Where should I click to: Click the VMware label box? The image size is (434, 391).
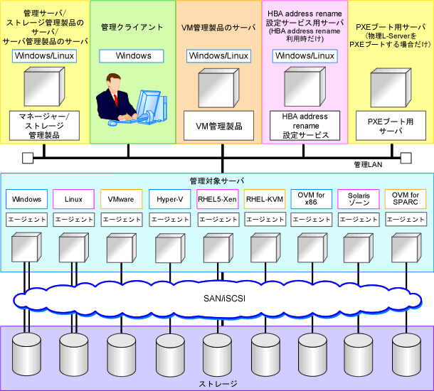121,199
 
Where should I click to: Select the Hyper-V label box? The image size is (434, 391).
169,199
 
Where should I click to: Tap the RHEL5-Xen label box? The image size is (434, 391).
217,199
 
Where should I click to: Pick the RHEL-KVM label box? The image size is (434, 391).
265,199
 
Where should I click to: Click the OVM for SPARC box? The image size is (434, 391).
406,199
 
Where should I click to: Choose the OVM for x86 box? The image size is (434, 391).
312,199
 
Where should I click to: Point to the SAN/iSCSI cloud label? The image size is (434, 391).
225,299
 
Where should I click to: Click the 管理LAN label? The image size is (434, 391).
368,165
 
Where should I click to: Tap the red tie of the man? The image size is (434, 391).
116,100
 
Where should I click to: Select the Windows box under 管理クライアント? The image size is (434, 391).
132,56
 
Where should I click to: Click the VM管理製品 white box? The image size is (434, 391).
218,126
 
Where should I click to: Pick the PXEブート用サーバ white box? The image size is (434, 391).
391,126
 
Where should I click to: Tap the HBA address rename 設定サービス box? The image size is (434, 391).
305,126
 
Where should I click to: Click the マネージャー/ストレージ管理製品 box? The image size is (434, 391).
44,126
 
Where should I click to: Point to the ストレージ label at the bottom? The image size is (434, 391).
218,384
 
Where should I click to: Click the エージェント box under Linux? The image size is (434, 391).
74,220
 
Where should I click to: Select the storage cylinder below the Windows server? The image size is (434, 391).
26,354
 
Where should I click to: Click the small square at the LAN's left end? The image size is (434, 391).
28,158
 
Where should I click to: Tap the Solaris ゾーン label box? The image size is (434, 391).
359,199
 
